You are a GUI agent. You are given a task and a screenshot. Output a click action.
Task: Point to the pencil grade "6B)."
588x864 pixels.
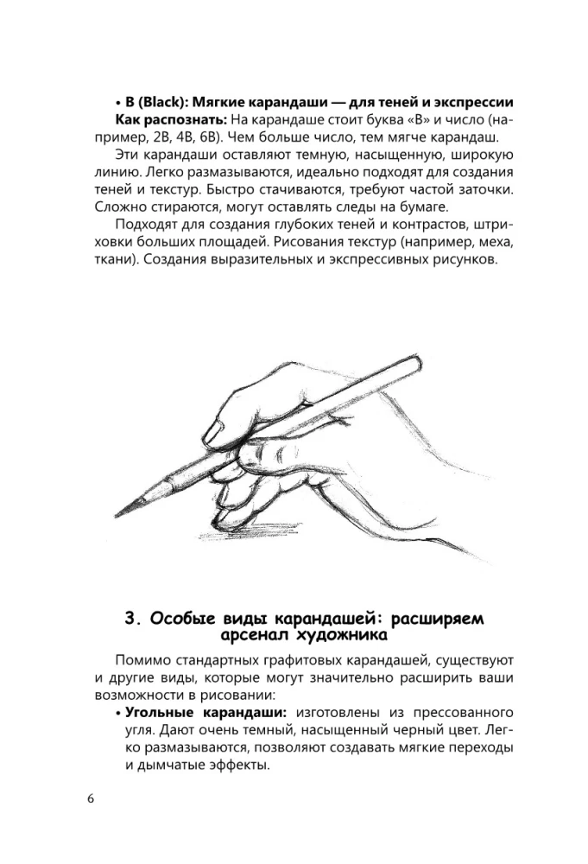208,137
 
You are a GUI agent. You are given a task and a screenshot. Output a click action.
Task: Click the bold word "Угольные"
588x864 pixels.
161,713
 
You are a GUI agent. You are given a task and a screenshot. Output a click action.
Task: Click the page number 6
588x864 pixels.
91,798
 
